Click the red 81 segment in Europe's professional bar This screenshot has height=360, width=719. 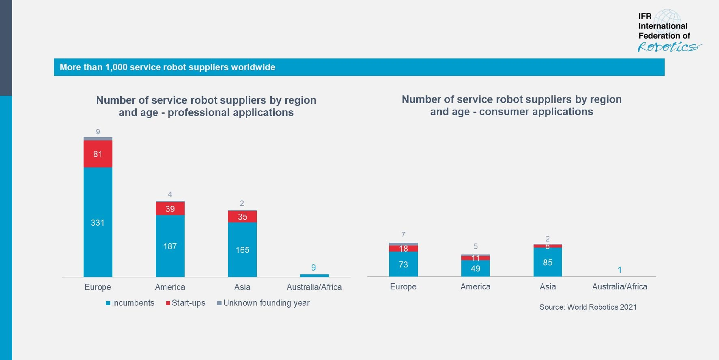[x=98, y=154]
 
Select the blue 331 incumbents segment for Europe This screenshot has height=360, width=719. [x=98, y=222]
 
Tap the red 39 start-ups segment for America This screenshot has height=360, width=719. [x=170, y=209]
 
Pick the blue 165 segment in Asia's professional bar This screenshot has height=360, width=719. [x=242, y=250]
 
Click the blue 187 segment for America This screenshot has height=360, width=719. [x=170, y=246]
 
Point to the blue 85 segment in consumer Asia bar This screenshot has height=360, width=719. [x=547, y=262]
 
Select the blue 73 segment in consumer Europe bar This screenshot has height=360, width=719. [x=403, y=264]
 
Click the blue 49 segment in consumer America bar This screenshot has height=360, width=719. [x=475, y=268]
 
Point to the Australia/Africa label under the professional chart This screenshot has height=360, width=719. [x=314, y=287]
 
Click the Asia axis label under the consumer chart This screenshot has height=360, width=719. [x=547, y=287]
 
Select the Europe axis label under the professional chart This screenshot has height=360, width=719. [x=98, y=287]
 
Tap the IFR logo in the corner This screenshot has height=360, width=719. [x=667, y=31]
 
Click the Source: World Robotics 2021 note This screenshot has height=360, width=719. [x=588, y=307]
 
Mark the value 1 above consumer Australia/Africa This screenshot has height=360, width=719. [x=620, y=270]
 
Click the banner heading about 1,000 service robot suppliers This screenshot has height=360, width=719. [x=167, y=67]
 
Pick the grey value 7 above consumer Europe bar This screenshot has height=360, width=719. [x=403, y=235]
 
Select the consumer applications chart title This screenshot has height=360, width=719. [x=511, y=106]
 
